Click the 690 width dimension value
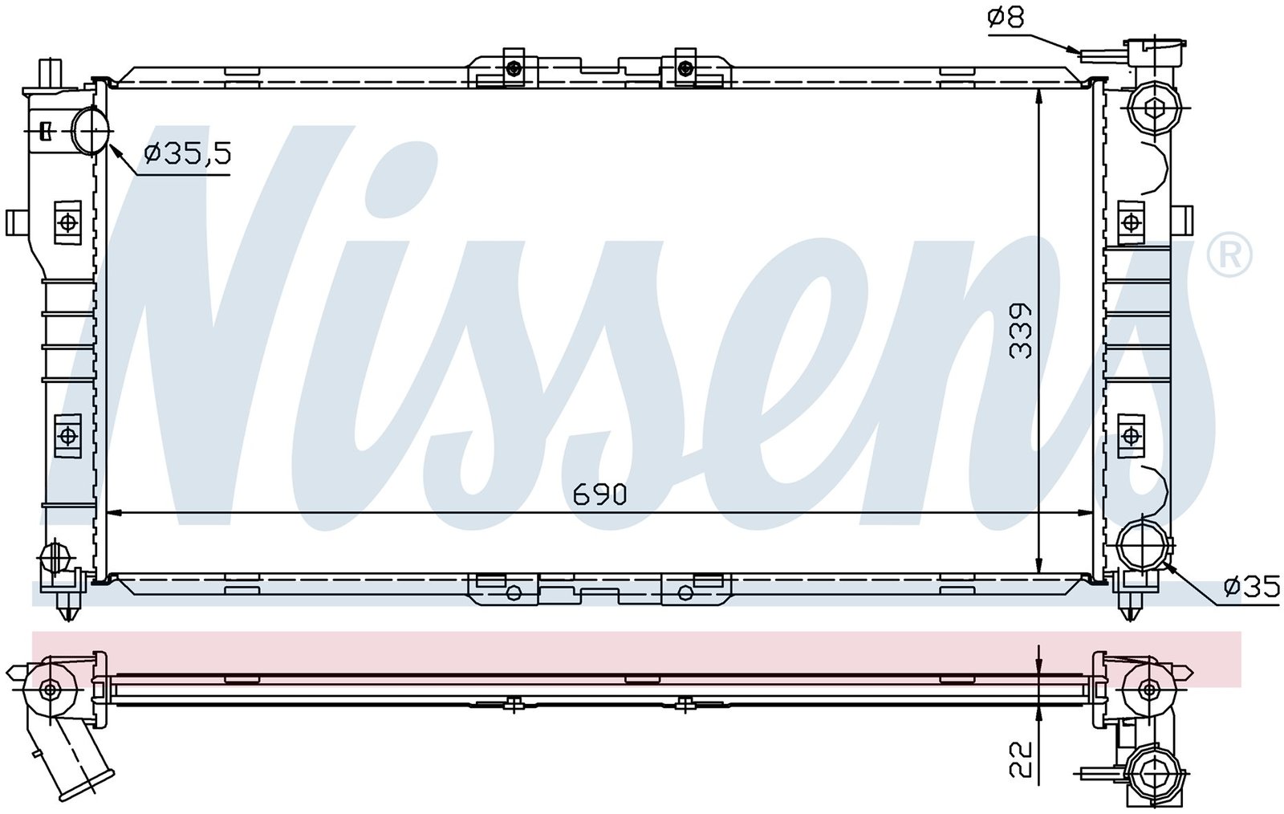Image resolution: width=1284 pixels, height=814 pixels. (x=599, y=495)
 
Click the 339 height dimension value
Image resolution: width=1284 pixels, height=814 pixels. (x=1020, y=332)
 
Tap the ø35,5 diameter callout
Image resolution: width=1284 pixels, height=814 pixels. (x=188, y=153)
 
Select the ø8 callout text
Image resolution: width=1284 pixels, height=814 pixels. (x=1006, y=18)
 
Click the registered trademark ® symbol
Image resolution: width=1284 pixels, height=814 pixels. (x=1229, y=256)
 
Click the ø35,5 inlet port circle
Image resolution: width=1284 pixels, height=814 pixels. (x=91, y=132)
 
